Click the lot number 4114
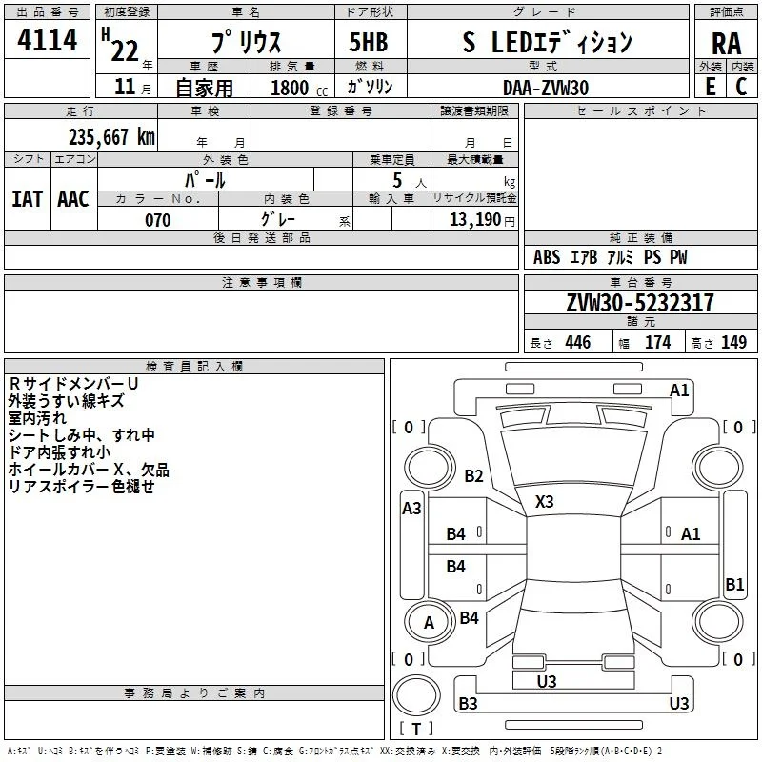[x=47, y=40]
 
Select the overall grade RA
[x=727, y=44]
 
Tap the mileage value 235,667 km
[x=111, y=137]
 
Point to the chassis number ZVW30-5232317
[x=640, y=303]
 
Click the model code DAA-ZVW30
[x=546, y=88]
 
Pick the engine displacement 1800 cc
[x=299, y=89]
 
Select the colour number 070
[x=158, y=220]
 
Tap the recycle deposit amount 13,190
[x=475, y=220]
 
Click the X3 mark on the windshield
[x=544, y=502]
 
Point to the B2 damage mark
[x=473, y=475]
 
